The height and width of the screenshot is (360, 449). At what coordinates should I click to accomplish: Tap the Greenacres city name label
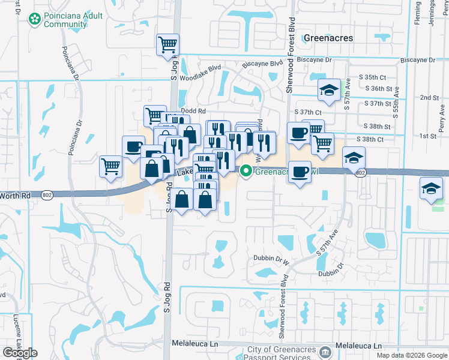(x=328, y=37)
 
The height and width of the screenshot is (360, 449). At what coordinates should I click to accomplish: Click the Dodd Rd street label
(x=193, y=111)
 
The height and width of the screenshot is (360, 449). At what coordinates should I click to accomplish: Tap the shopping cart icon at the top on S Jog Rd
(x=168, y=44)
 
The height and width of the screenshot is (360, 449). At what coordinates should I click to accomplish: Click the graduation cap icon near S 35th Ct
(x=329, y=90)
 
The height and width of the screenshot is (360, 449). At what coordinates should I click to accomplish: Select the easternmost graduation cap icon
(x=432, y=188)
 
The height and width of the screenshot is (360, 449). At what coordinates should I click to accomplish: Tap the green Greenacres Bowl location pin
(x=246, y=171)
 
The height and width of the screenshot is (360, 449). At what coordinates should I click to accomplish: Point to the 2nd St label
(x=429, y=97)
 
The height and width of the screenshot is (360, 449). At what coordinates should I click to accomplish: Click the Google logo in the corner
(x=20, y=353)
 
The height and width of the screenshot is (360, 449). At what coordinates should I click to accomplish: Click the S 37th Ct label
(x=308, y=112)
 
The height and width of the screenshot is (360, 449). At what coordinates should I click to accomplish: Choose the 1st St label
(x=427, y=136)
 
